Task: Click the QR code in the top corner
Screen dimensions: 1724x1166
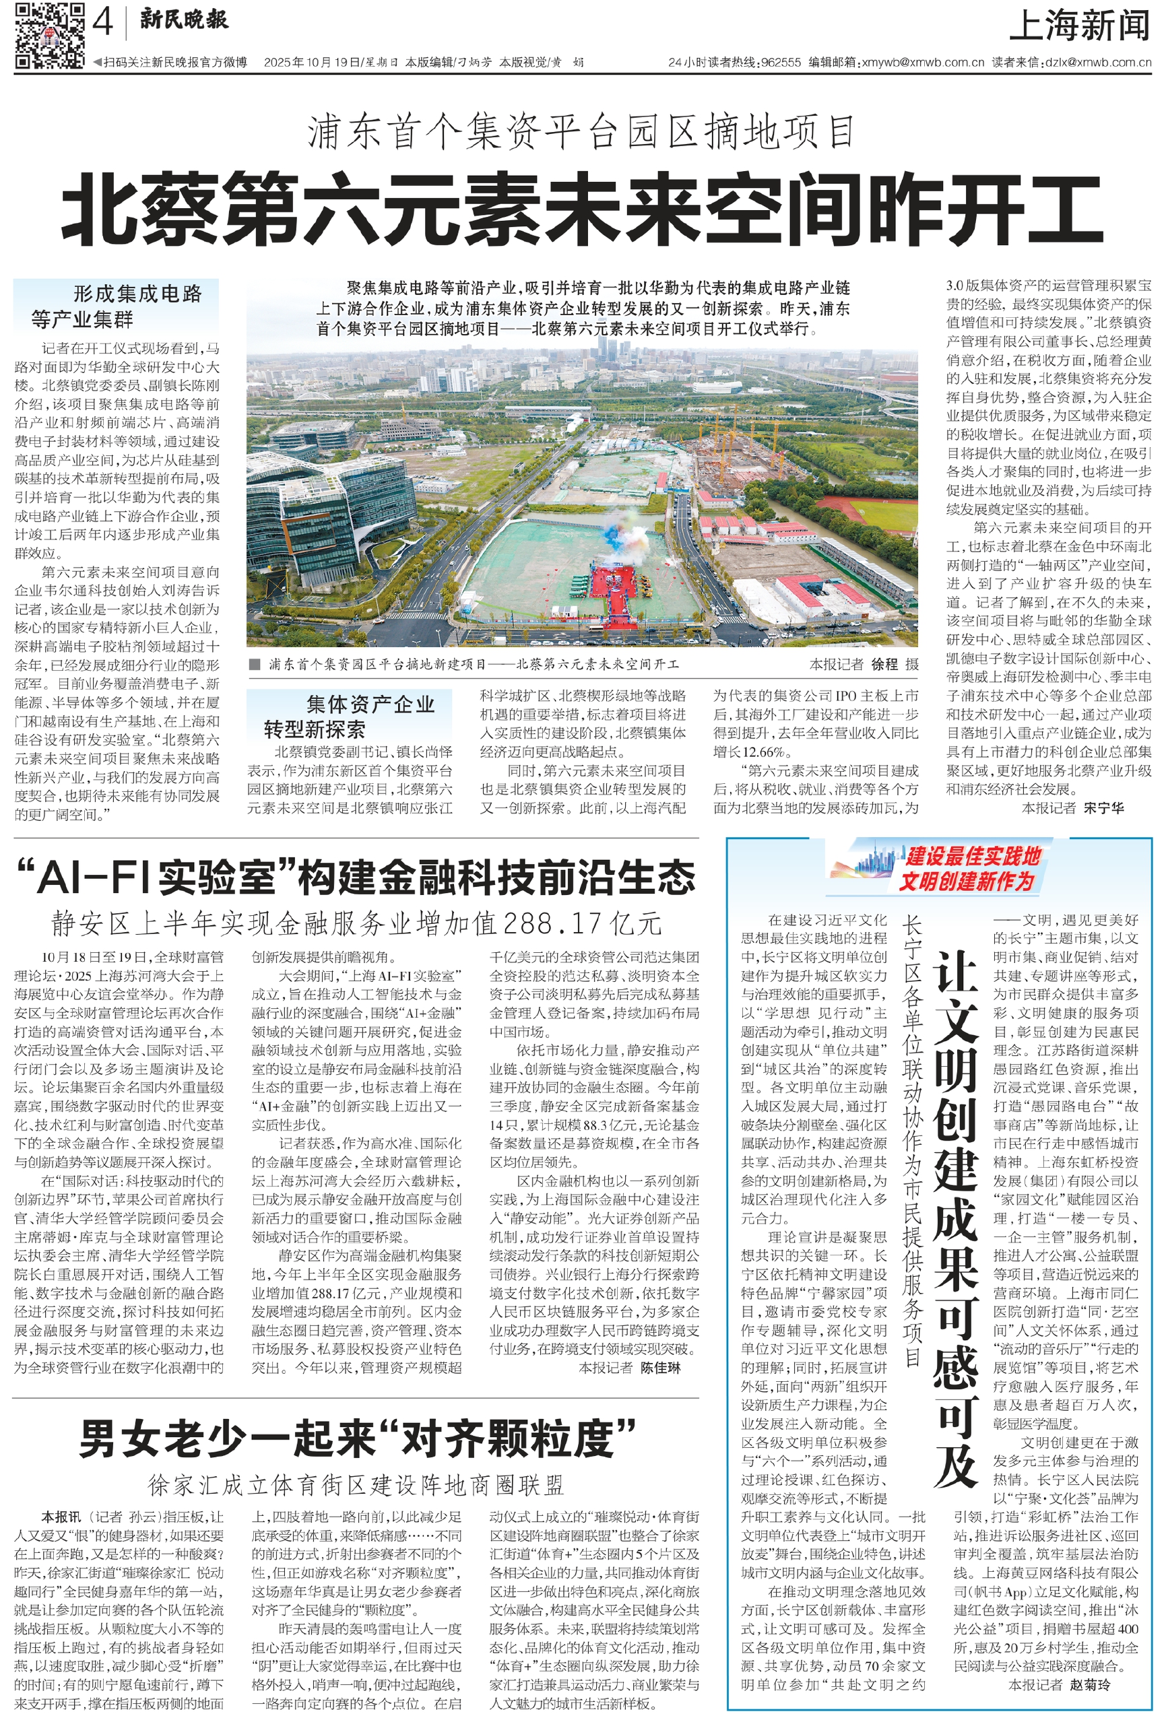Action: (x=49, y=36)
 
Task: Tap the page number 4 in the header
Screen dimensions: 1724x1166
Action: (x=102, y=24)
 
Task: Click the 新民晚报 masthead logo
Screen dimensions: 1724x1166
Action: (x=184, y=20)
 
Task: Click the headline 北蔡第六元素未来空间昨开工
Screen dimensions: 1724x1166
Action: (x=583, y=209)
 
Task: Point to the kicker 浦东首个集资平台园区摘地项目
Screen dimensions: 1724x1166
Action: (x=583, y=132)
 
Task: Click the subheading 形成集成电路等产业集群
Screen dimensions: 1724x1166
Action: (x=117, y=306)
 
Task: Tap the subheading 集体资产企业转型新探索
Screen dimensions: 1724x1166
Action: (x=349, y=716)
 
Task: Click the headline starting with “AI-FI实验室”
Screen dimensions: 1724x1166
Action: (x=355, y=877)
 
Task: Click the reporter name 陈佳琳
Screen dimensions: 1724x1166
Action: (x=661, y=1367)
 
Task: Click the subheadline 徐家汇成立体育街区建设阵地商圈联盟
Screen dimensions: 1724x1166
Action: (x=356, y=1484)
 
